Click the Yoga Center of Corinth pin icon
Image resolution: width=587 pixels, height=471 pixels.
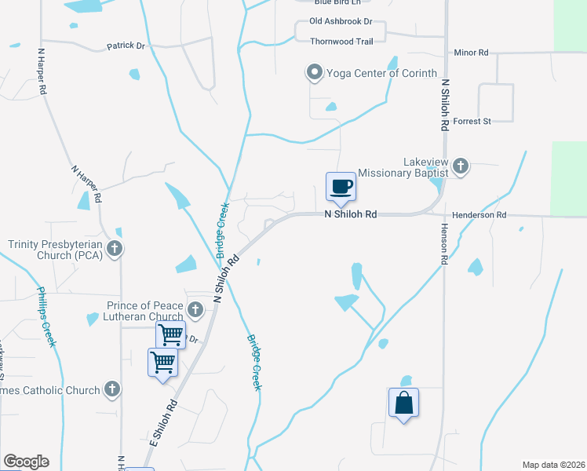(315, 74)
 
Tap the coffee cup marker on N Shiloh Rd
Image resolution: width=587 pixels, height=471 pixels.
(341, 188)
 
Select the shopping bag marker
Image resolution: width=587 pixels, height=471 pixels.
(403, 403)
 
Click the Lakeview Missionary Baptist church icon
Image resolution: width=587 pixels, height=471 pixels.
(461, 166)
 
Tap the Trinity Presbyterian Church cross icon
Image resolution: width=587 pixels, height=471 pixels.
(115, 250)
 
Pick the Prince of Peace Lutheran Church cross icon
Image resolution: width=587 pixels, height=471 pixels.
(195, 311)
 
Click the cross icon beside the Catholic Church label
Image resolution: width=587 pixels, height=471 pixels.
(112, 389)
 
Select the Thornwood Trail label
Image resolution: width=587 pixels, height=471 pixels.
(341, 40)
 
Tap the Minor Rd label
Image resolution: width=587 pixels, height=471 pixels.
(471, 53)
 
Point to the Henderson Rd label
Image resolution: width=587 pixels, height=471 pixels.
(479, 215)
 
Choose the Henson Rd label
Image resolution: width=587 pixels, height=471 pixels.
(443, 248)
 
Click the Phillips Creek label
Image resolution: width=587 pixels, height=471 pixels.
(46, 317)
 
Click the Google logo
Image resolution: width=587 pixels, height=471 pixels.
(26, 462)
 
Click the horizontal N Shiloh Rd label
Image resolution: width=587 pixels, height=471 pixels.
(351, 214)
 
